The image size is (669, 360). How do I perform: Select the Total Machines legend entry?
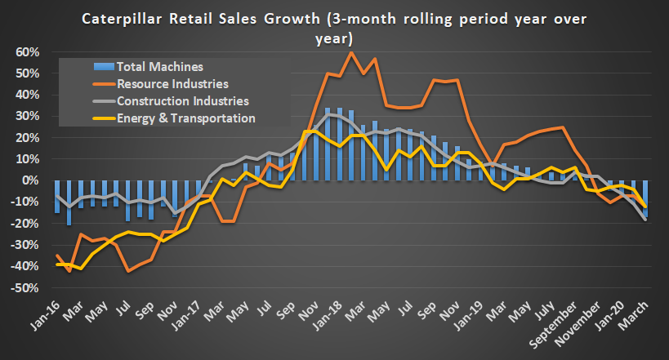point(159,66)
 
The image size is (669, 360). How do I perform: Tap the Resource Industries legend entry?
point(172,83)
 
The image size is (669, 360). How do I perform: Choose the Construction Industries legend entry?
point(182,101)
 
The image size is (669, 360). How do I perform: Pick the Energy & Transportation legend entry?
point(186,118)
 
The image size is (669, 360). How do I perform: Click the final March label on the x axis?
point(637,313)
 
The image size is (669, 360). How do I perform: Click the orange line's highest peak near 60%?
point(351,53)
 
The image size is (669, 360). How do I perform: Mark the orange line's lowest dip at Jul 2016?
point(129,271)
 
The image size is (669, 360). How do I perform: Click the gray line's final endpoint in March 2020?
point(645,220)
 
